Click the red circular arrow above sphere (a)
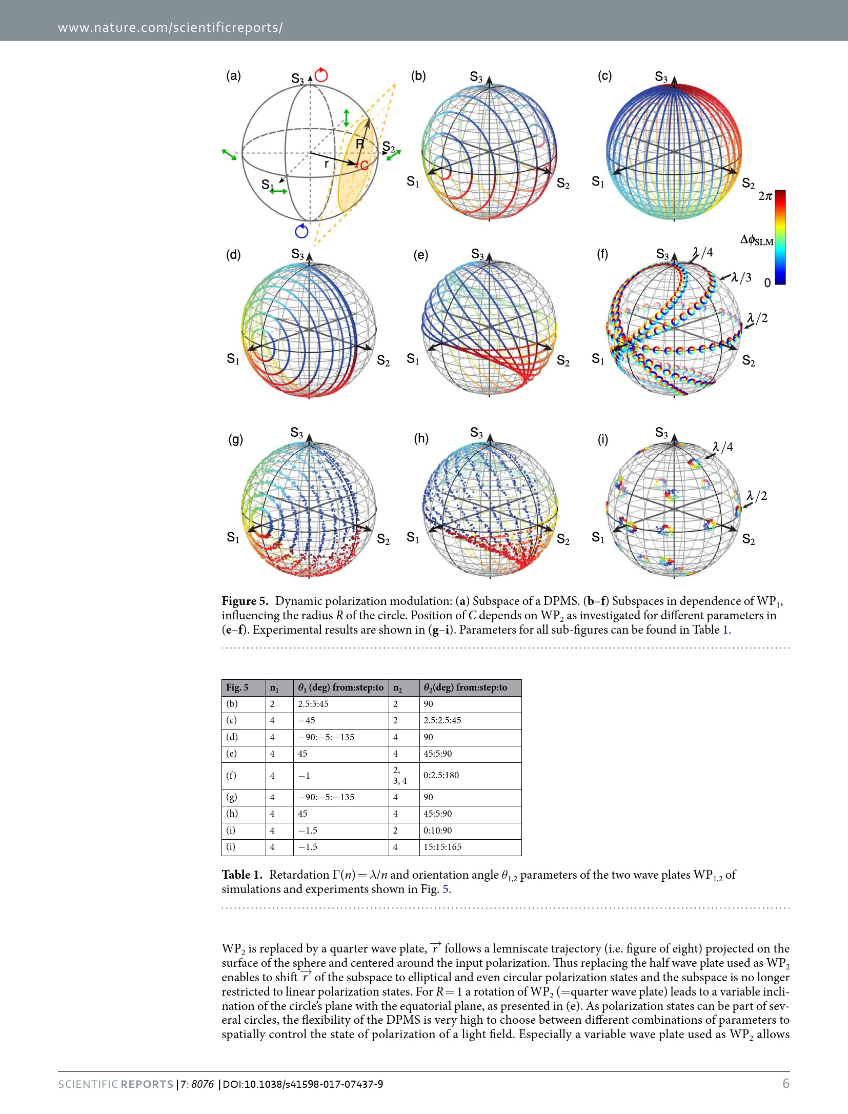pyautogui.click(x=321, y=75)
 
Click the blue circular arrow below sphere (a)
pyautogui.click(x=302, y=231)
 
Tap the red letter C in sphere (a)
pyautogui.click(x=364, y=165)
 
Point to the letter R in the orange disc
pyautogui.click(x=360, y=145)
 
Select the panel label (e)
pyautogui.click(x=420, y=255)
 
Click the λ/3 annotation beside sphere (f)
pyautogui.click(x=741, y=277)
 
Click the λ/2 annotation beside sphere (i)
pyautogui.click(x=757, y=496)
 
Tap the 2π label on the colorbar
pyautogui.click(x=765, y=196)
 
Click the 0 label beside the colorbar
pyautogui.click(x=767, y=283)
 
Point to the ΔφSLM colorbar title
pyautogui.click(x=757, y=240)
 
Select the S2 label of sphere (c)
pyautogui.click(x=748, y=183)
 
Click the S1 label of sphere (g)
pyautogui.click(x=233, y=537)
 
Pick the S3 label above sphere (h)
pyautogui.click(x=476, y=433)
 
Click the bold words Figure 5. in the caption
pyautogui.click(x=245, y=601)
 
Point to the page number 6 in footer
pyautogui.click(x=785, y=1083)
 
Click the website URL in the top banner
pyautogui.click(x=170, y=28)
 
